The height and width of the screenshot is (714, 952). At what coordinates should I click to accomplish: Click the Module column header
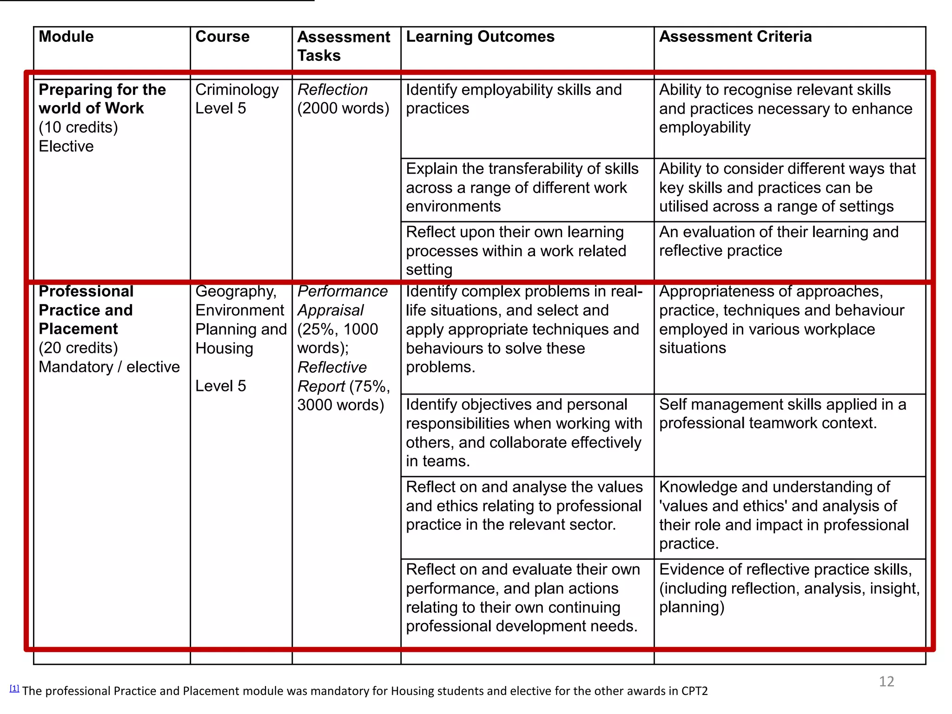point(66,37)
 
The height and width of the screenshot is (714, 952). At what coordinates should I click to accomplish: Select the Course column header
point(222,37)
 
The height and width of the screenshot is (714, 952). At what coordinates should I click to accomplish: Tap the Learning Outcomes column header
point(480,37)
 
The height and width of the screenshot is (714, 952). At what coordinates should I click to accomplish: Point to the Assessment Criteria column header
point(735,37)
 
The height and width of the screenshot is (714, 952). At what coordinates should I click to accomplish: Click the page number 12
point(886,681)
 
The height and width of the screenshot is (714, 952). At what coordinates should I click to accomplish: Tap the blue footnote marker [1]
point(14,688)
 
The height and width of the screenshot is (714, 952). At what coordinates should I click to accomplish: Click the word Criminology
point(237,90)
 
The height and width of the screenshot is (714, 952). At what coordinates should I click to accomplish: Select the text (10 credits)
point(78,127)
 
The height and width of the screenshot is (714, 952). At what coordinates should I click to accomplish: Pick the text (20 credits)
point(78,348)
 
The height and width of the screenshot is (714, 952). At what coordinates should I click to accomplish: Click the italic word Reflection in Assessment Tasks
point(332,90)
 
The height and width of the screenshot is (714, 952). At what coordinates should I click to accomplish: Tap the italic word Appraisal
point(331,310)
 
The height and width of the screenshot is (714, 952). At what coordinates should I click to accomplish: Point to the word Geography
point(236,291)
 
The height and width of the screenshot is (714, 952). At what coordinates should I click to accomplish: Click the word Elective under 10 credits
point(66,146)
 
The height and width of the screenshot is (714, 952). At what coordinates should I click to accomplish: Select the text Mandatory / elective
point(109,367)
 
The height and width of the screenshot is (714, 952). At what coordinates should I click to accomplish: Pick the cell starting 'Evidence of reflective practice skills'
point(789,588)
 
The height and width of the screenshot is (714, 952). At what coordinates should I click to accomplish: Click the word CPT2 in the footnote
point(694,691)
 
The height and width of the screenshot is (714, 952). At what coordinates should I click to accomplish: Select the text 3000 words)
point(341,405)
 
